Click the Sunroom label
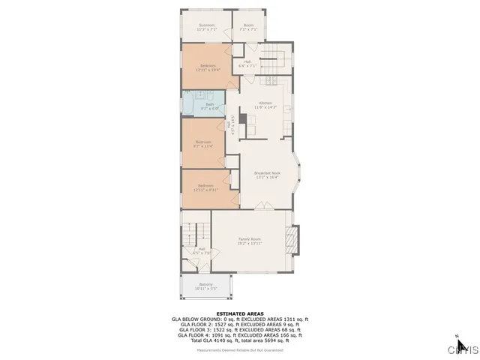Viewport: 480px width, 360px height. (207, 27)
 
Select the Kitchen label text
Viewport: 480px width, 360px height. (265, 104)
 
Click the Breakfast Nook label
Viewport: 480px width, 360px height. (267, 175)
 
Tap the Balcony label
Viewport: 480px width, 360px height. (206, 286)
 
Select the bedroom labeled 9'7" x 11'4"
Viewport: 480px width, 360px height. (204, 144)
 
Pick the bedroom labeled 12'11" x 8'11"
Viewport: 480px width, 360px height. (205, 187)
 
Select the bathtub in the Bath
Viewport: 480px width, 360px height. (190, 103)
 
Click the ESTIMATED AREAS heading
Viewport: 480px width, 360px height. (239, 313)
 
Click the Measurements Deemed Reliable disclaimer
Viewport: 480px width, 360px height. (240, 349)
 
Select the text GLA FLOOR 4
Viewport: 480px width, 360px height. (195, 334)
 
